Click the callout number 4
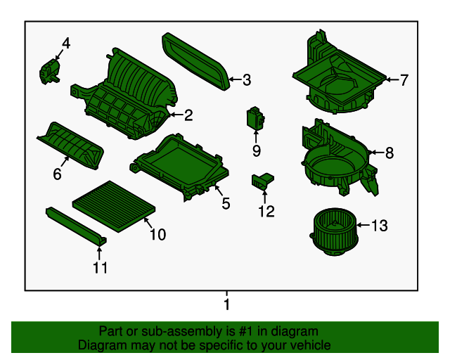point(65,44)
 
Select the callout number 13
point(379,226)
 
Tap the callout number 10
point(157,234)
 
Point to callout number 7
point(404,80)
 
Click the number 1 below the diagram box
point(226,304)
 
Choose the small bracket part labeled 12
point(262,181)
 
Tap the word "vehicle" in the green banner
point(308,345)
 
